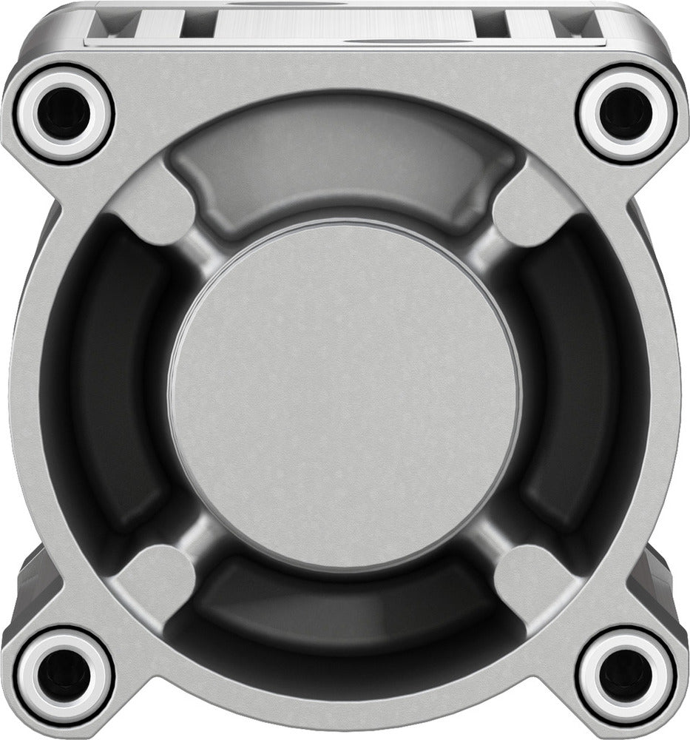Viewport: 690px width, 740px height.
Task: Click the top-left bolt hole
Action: [64, 114]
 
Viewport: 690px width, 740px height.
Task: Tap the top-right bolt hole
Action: [626, 114]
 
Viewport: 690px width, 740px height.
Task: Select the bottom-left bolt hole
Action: [64, 676]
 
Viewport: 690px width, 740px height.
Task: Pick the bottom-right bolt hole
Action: [626, 676]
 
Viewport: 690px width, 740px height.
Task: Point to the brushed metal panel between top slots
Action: [344, 26]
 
